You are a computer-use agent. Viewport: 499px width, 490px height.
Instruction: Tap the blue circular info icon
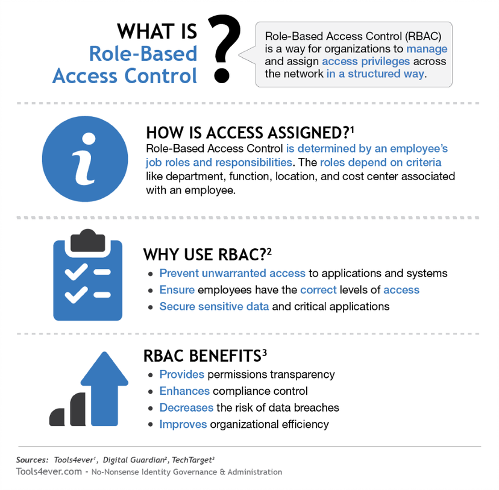click(86, 159)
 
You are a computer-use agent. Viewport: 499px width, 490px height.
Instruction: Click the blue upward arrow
click(105, 386)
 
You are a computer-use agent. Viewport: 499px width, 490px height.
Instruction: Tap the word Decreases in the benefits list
click(186, 407)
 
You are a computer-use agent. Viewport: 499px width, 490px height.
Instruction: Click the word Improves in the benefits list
click(183, 424)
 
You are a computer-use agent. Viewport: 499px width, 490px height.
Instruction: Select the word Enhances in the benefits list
click(185, 391)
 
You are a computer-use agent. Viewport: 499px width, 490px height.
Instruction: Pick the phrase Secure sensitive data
click(214, 307)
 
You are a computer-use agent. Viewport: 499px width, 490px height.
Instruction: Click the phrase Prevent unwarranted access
click(232, 274)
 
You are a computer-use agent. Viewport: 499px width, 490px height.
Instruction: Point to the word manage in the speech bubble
click(426, 48)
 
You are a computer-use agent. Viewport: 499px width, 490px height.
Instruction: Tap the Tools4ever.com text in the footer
click(48, 472)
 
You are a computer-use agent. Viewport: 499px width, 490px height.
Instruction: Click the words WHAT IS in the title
click(157, 31)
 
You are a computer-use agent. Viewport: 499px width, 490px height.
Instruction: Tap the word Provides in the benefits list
click(181, 374)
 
